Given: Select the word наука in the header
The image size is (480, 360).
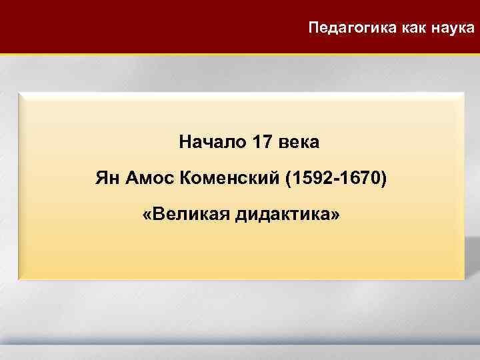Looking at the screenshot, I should click(457, 28).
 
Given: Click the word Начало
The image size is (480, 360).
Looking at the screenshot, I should click(212, 142).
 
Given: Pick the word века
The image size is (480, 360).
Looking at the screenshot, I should click(299, 142).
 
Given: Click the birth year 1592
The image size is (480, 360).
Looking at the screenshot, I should click(311, 179).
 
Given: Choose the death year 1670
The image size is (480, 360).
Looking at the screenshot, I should click(360, 179).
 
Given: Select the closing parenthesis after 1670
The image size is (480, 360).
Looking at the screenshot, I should click(383, 179).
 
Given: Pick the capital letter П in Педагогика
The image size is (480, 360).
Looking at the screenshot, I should click(314, 28).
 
